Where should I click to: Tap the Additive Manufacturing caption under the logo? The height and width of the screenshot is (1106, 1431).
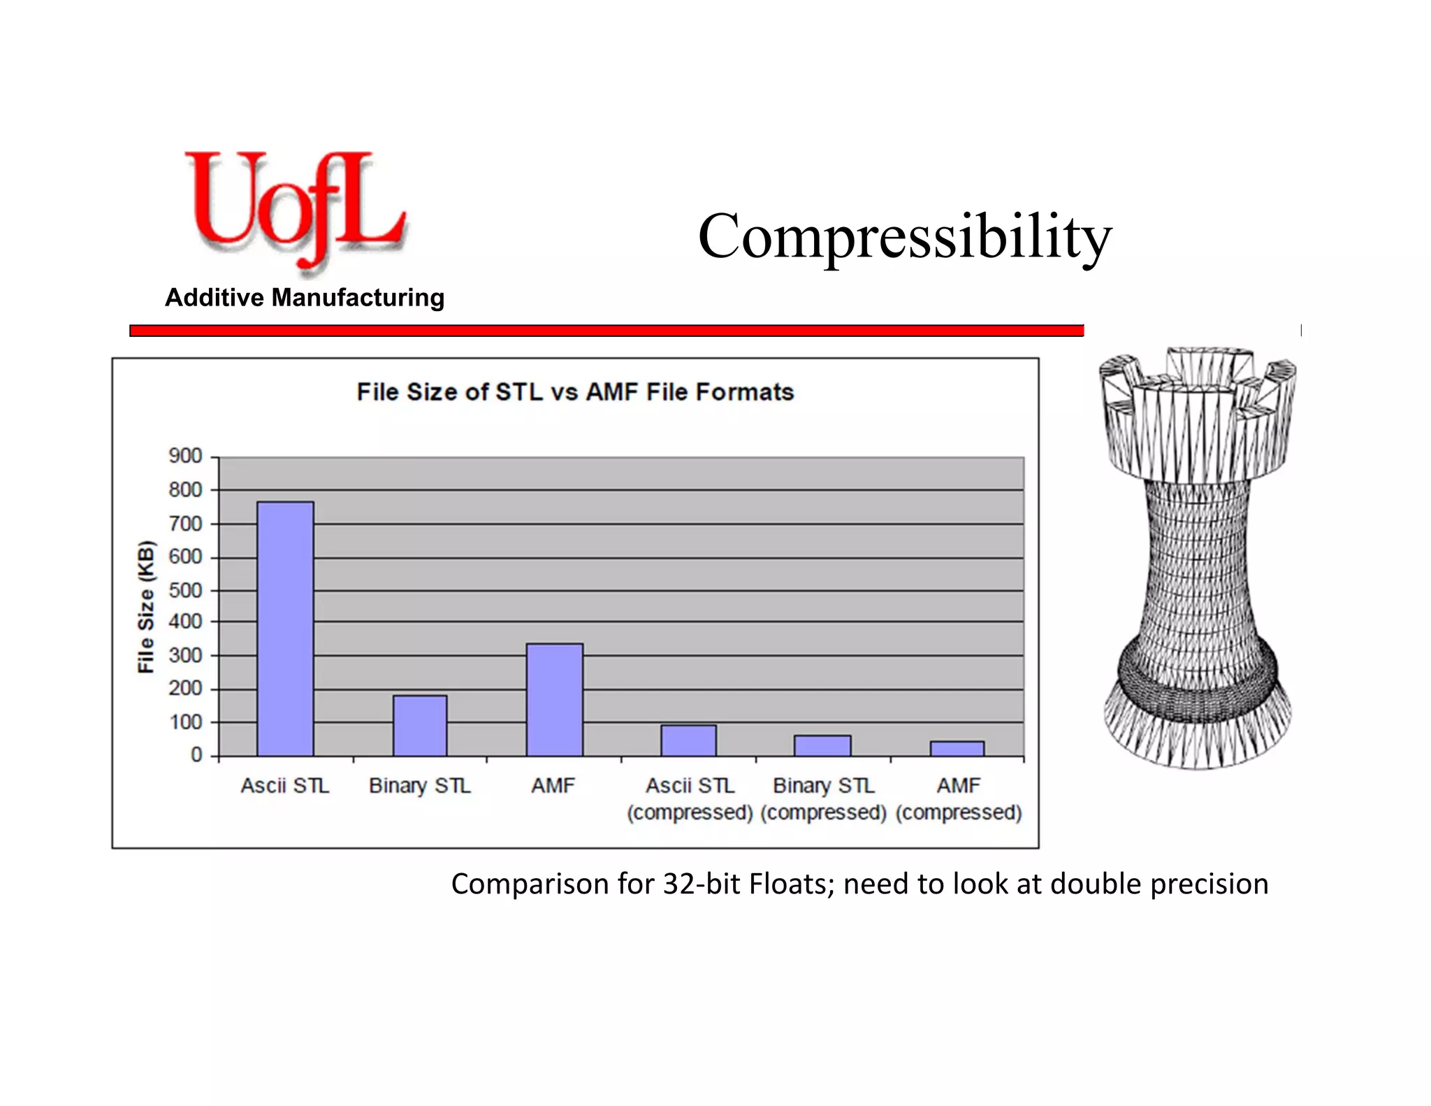(x=305, y=298)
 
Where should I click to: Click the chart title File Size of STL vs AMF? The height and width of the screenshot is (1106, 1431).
(x=575, y=392)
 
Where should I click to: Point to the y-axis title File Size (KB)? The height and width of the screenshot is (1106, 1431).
(x=145, y=607)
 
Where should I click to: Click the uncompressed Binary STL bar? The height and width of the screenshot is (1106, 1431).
(x=419, y=725)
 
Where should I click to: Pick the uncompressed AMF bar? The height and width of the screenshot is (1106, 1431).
(x=554, y=699)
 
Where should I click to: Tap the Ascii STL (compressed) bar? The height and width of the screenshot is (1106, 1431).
(x=688, y=740)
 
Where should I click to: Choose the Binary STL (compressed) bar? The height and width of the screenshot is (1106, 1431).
(x=822, y=745)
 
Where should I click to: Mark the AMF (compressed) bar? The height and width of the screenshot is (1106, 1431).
(x=957, y=748)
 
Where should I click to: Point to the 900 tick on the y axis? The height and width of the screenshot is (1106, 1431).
(x=185, y=457)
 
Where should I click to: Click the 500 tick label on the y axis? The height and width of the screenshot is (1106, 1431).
(x=185, y=591)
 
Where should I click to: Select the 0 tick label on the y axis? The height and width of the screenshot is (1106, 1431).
(x=196, y=756)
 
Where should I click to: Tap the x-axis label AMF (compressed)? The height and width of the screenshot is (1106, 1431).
(x=959, y=798)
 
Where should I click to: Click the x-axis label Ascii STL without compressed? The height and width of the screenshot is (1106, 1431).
(x=285, y=786)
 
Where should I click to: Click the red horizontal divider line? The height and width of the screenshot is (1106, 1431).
(x=606, y=331)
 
